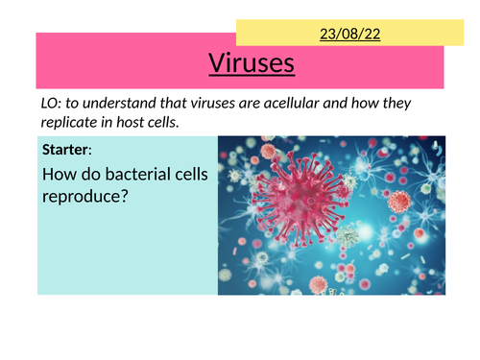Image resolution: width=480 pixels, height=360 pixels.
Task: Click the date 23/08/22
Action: pyautogui.click(x=343, y=33)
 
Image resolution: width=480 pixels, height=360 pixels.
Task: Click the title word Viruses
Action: pyautogui.click(x=252, y=64)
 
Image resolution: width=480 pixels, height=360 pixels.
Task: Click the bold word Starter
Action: pyautogui.click(x=64, y=150)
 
